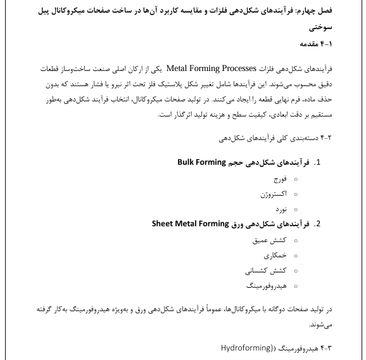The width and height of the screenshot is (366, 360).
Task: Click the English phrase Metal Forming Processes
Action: [210, 68]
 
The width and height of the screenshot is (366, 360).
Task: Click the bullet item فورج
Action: [279, 179]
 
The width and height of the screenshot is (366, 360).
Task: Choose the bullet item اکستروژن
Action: [274, 194]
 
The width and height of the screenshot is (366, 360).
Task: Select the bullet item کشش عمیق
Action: [274, 240]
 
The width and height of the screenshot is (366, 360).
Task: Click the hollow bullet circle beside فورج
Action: [296, 179]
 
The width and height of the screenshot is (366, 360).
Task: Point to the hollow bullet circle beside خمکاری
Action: [296, 256]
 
